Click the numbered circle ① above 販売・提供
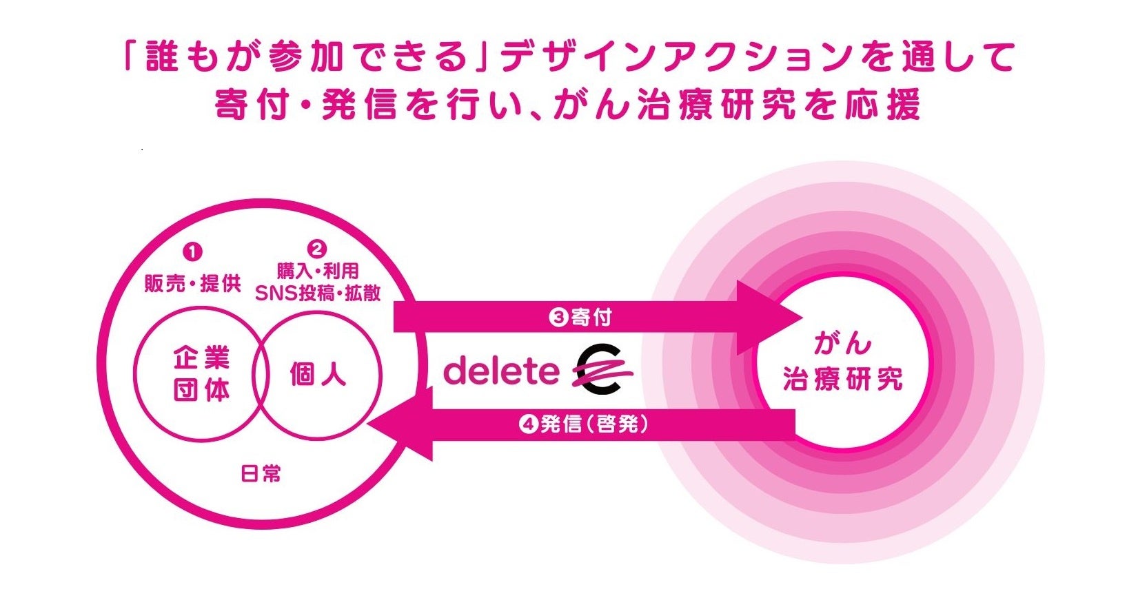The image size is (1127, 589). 192,252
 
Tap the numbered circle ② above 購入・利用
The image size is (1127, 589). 317,249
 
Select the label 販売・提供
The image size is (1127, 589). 192,283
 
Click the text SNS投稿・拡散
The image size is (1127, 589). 318,293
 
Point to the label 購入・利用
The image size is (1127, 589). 318,271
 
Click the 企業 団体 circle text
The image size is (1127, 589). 201,375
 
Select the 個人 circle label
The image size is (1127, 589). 318,375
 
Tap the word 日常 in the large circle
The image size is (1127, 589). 261,474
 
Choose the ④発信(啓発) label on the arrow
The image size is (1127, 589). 584,424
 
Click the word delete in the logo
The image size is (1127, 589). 501,371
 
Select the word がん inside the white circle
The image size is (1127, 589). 842,344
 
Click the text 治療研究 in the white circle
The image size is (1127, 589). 842,380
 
